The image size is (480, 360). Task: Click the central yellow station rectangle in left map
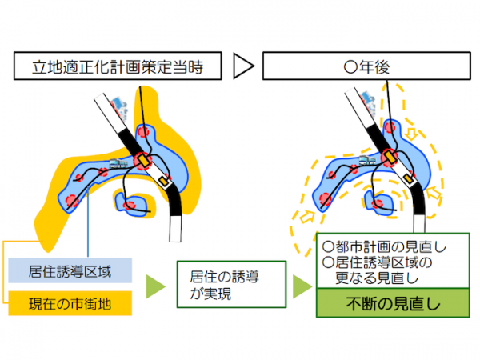143,161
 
